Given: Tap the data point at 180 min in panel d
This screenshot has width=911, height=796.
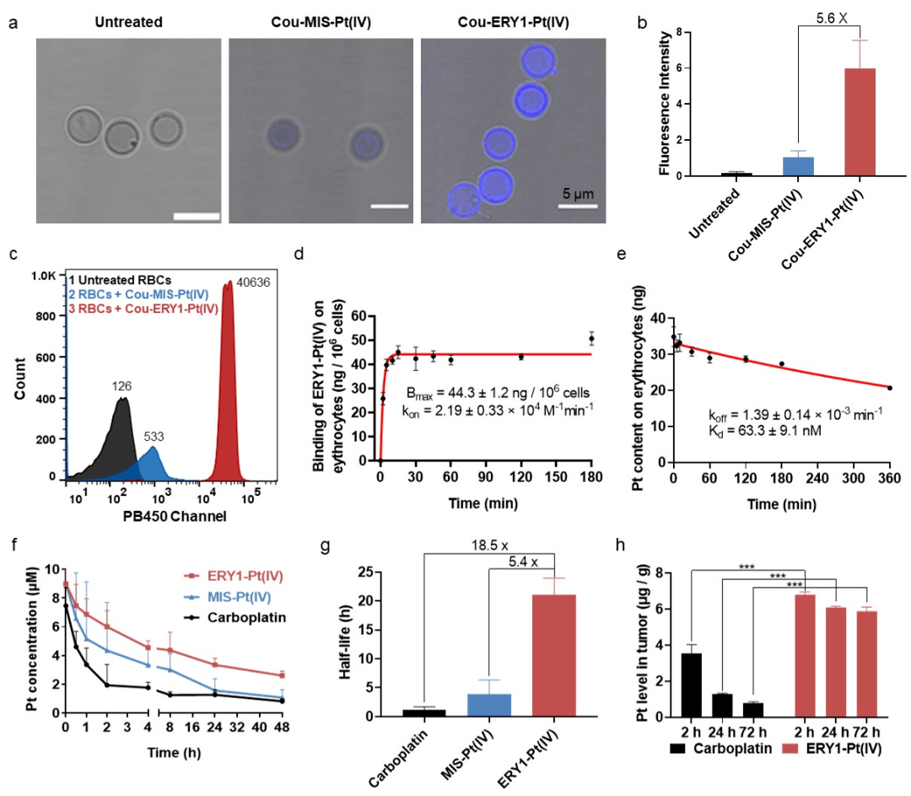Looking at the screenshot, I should click(x=591, y=339).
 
